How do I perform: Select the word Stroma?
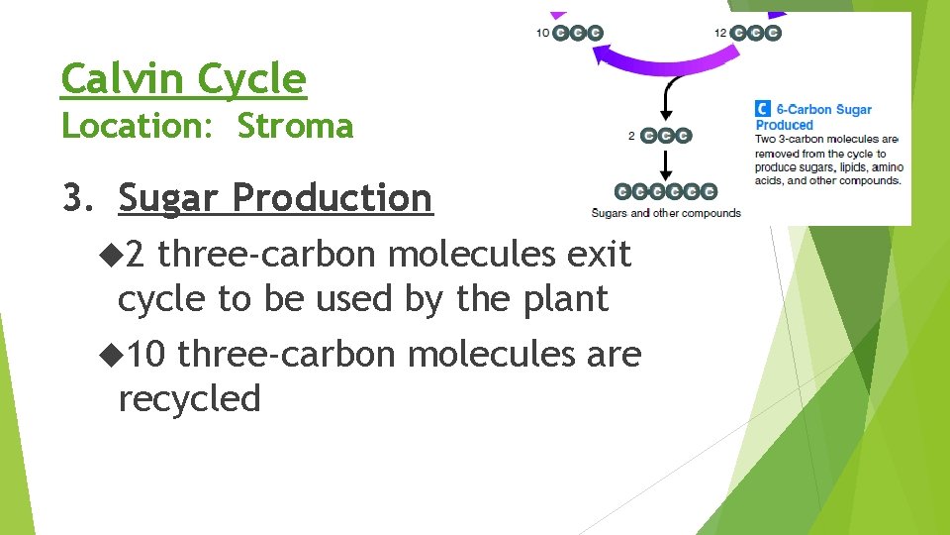295,127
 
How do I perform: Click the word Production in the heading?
332,198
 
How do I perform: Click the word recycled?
189,398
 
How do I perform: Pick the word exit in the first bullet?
598,255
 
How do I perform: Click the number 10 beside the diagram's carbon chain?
543,33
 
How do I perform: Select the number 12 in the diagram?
721,33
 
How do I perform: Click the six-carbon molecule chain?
665,191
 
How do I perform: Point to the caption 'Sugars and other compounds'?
665,213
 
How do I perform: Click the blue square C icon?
763,110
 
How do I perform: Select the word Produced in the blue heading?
784,126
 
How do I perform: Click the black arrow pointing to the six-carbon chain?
666,162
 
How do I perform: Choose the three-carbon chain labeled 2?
666,135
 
